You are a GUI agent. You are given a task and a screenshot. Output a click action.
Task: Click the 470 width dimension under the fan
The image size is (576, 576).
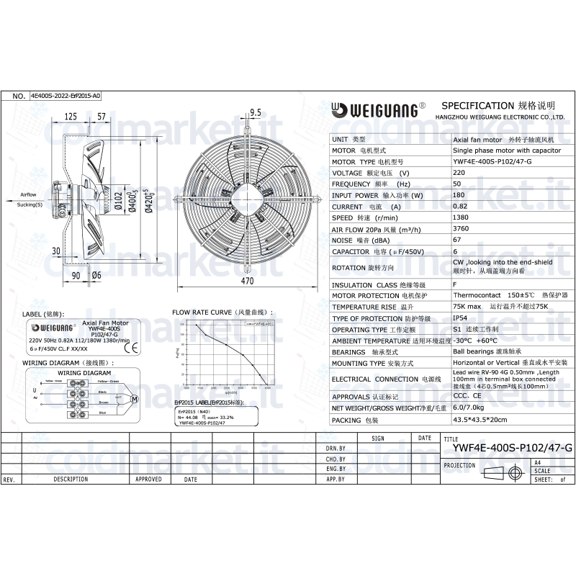247,281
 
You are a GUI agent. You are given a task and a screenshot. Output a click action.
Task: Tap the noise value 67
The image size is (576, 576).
457,240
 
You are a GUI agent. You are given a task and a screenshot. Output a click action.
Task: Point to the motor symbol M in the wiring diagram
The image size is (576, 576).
132,398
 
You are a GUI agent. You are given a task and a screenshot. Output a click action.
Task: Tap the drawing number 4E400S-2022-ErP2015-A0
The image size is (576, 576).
66,95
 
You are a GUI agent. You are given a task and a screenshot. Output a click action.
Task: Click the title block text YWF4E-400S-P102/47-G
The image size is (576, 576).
512,448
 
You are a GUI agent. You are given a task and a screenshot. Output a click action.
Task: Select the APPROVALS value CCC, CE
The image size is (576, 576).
467,396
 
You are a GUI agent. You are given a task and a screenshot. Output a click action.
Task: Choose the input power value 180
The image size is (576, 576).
459,195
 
